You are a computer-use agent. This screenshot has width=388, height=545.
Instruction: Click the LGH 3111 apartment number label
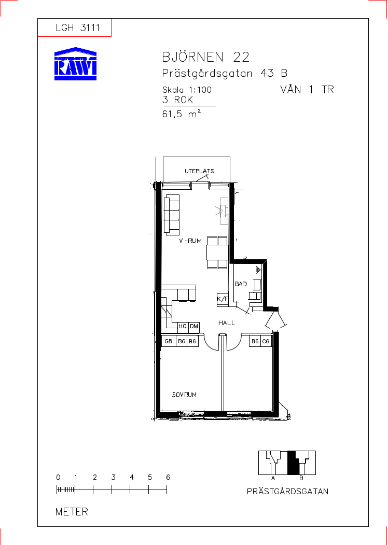[78, 28]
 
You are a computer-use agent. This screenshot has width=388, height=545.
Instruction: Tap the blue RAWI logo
[75, 64]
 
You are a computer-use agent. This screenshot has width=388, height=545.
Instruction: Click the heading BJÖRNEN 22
[206, 57]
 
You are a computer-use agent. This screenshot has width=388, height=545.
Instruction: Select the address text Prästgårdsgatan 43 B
[225, 74]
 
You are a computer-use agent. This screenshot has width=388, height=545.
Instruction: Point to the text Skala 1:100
[187, 90]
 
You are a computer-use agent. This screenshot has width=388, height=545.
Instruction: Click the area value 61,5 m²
[182, 114]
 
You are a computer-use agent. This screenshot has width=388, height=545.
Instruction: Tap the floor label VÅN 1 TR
[307, 90]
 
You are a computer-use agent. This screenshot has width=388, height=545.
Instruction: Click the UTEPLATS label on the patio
[199, 171]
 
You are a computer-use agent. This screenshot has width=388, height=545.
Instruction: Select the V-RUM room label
[190, 241]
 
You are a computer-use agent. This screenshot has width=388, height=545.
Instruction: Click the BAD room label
[241, 284]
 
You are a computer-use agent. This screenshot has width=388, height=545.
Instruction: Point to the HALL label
[227, 323]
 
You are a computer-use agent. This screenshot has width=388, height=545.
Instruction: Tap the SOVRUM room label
[184, 395]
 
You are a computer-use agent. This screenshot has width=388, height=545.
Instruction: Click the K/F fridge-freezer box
[223, 299]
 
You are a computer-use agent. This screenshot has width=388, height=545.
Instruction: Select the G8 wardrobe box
[169, 341]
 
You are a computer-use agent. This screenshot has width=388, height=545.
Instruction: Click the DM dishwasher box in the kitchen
[194, 326]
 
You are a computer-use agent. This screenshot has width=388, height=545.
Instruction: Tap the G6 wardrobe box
[266, 341]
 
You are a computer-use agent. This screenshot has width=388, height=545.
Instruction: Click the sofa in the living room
[172, 214]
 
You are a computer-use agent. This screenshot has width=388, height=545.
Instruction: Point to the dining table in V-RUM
[217, 253]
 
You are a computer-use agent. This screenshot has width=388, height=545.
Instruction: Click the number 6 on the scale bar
[168, 477]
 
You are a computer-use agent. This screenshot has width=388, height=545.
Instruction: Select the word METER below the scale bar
[72, 512]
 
